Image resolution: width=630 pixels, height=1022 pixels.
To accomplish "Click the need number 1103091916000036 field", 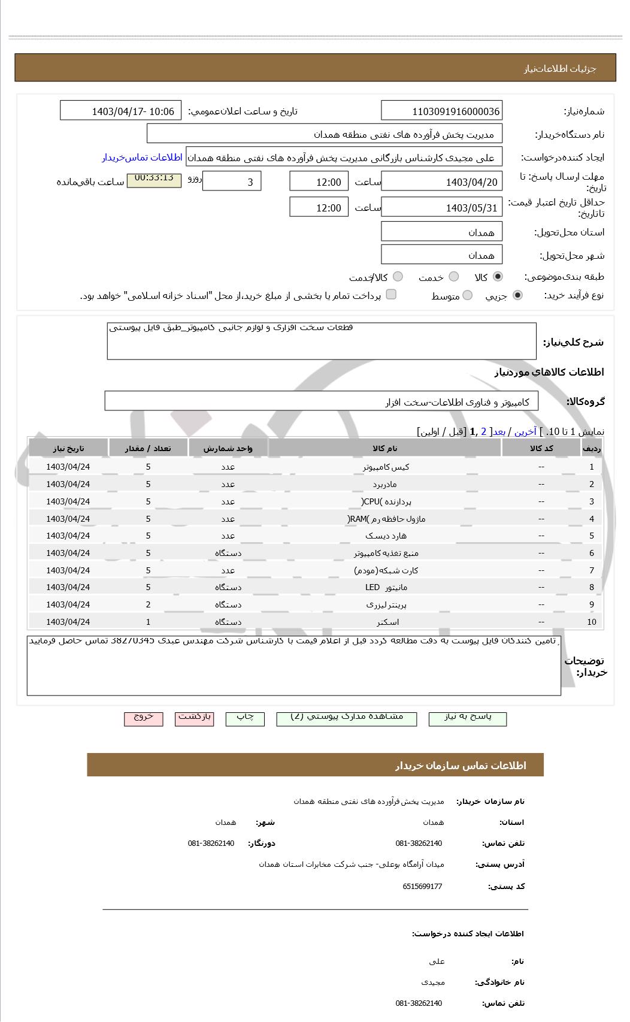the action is pos(441,111).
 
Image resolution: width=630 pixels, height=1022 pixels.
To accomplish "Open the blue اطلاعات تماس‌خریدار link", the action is pos(142,158).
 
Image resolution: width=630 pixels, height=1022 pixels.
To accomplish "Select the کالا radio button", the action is pos(498,277).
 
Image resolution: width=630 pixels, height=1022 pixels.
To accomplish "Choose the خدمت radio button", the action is pos(454,277).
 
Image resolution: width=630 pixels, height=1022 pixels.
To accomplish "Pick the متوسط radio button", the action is pos(468,295).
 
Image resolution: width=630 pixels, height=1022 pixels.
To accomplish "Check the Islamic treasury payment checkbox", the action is pos(391,294).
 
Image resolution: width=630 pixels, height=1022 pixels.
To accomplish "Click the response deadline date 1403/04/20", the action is pos(441,182).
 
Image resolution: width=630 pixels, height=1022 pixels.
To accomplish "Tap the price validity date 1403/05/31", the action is pos(441,208).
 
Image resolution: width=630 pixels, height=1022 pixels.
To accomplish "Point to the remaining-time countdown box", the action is pos(154,180).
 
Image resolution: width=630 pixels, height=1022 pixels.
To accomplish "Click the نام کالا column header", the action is pos(384,448).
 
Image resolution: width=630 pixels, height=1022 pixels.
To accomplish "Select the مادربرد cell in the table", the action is pos(384,484).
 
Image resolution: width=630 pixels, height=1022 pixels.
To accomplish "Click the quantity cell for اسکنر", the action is pos(148,622).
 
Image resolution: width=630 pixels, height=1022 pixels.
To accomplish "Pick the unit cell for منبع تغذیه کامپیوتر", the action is pos(228,553).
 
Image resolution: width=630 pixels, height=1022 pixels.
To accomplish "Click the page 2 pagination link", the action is pos(483,431).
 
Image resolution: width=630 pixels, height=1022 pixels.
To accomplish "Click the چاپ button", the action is pos(245,718).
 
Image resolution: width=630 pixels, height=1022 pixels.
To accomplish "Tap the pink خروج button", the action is pos(143,718).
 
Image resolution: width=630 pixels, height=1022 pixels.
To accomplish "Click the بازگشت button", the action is pos(195,718).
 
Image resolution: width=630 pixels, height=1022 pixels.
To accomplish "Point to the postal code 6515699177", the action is pos(422,886).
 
